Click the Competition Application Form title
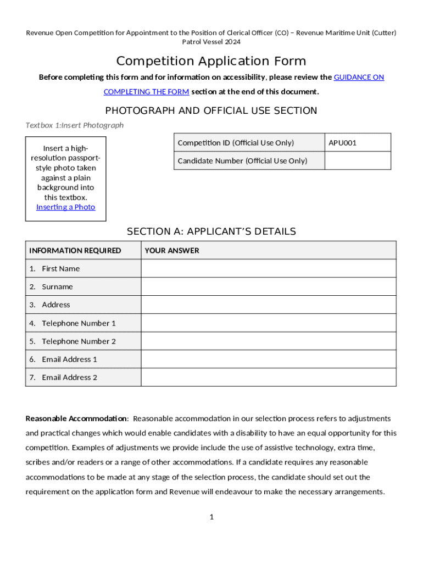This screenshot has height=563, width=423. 211,60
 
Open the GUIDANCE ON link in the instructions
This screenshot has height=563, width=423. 359,78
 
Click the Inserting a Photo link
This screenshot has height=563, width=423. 65,207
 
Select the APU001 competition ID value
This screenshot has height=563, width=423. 342,143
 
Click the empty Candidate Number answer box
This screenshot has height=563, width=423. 358,161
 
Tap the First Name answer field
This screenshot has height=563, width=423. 268,268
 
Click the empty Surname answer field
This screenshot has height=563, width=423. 268,286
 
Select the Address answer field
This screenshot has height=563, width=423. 268,305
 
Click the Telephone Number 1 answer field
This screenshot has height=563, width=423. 268,323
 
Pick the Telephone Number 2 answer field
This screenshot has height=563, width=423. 268,341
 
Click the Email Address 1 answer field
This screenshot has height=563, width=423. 268,359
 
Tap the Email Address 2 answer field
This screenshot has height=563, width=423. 268,377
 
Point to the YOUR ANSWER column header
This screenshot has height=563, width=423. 172,251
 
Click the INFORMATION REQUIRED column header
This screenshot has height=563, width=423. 75,251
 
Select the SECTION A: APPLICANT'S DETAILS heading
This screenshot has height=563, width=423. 211,231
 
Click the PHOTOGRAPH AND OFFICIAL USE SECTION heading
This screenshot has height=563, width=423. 211,111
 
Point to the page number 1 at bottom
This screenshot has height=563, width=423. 211,517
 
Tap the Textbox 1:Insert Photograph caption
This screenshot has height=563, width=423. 75,125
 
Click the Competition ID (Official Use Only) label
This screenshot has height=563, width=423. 236,143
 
